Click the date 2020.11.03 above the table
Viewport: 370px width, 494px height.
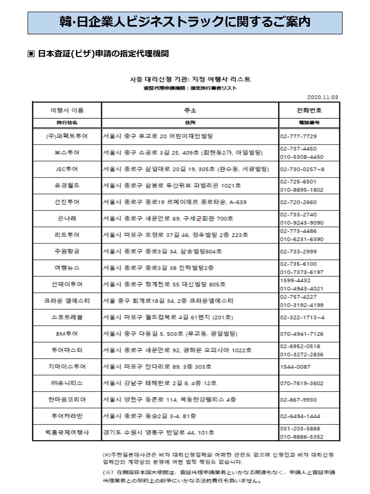tap(322, 97)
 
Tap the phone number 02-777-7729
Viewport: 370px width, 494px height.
tap(298, 136)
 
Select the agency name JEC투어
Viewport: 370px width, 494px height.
tap(67, 169)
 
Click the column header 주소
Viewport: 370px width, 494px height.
tap(190, 110)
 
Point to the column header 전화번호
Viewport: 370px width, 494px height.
tap(309, 110)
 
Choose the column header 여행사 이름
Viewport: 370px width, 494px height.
tap(67, 110)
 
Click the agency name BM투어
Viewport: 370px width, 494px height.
tap(67, 334)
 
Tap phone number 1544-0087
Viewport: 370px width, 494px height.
tap(295, 367)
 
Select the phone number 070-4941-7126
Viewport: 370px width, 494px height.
tap(302, 334)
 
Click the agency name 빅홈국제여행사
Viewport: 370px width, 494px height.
tap(67, 432)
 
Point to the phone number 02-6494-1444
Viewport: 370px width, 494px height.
tap(300, 416)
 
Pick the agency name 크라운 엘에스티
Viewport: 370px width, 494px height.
tap(67, 301)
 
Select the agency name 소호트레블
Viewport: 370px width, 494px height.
tap(67, 317)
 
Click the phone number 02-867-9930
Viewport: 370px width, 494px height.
tap(298, 400)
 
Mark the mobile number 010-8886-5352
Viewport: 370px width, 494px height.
tap(302, 437)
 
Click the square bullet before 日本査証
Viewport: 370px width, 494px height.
tap(31, 54)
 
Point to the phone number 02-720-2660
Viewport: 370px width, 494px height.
tap(298, 202)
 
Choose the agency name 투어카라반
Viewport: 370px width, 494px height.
tap(67, 416)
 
